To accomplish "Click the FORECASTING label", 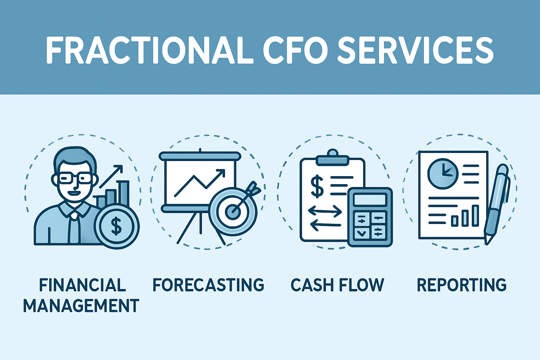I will [x=208, y=285].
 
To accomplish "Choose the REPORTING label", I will [x=461, y=285].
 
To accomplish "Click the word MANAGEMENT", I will [x=81, y=306].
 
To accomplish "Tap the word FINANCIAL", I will [x=82, y=285].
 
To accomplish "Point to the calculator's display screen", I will [x=370, y=200].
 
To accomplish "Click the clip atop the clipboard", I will [x=332, y=158].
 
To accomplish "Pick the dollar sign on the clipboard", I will [x=317, y=186].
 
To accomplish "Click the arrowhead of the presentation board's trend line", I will [x=221, y=172].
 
